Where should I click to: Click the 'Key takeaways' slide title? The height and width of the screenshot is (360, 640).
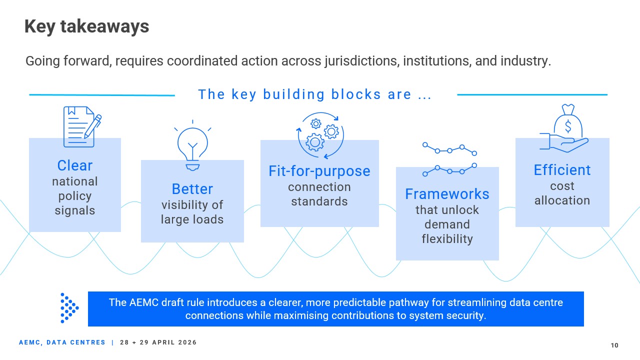[87, 26]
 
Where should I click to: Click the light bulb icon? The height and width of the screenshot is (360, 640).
[192, 145]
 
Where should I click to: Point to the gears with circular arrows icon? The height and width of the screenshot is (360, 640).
[320, 135]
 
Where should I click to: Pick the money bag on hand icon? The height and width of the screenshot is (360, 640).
[564, 128]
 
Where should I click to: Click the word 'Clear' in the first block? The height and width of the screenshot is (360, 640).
[75, 165]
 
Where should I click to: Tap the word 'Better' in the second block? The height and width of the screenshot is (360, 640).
[192, 189]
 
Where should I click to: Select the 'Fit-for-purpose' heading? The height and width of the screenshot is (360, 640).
[319, 171]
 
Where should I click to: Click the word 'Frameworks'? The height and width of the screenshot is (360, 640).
[447, 194]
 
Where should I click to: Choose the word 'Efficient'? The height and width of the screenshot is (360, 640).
[562, 170]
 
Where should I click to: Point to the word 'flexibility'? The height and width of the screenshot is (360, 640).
[447, 239]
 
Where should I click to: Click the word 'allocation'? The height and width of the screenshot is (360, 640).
[562, 200]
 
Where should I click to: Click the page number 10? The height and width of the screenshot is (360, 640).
[614, 345]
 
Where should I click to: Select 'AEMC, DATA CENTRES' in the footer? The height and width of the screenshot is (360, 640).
[62, 342]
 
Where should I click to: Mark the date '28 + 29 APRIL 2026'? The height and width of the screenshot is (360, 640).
[158, 342]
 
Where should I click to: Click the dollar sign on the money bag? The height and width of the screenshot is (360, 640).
[568, 126]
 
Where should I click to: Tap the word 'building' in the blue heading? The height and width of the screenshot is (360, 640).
[293, 94]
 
